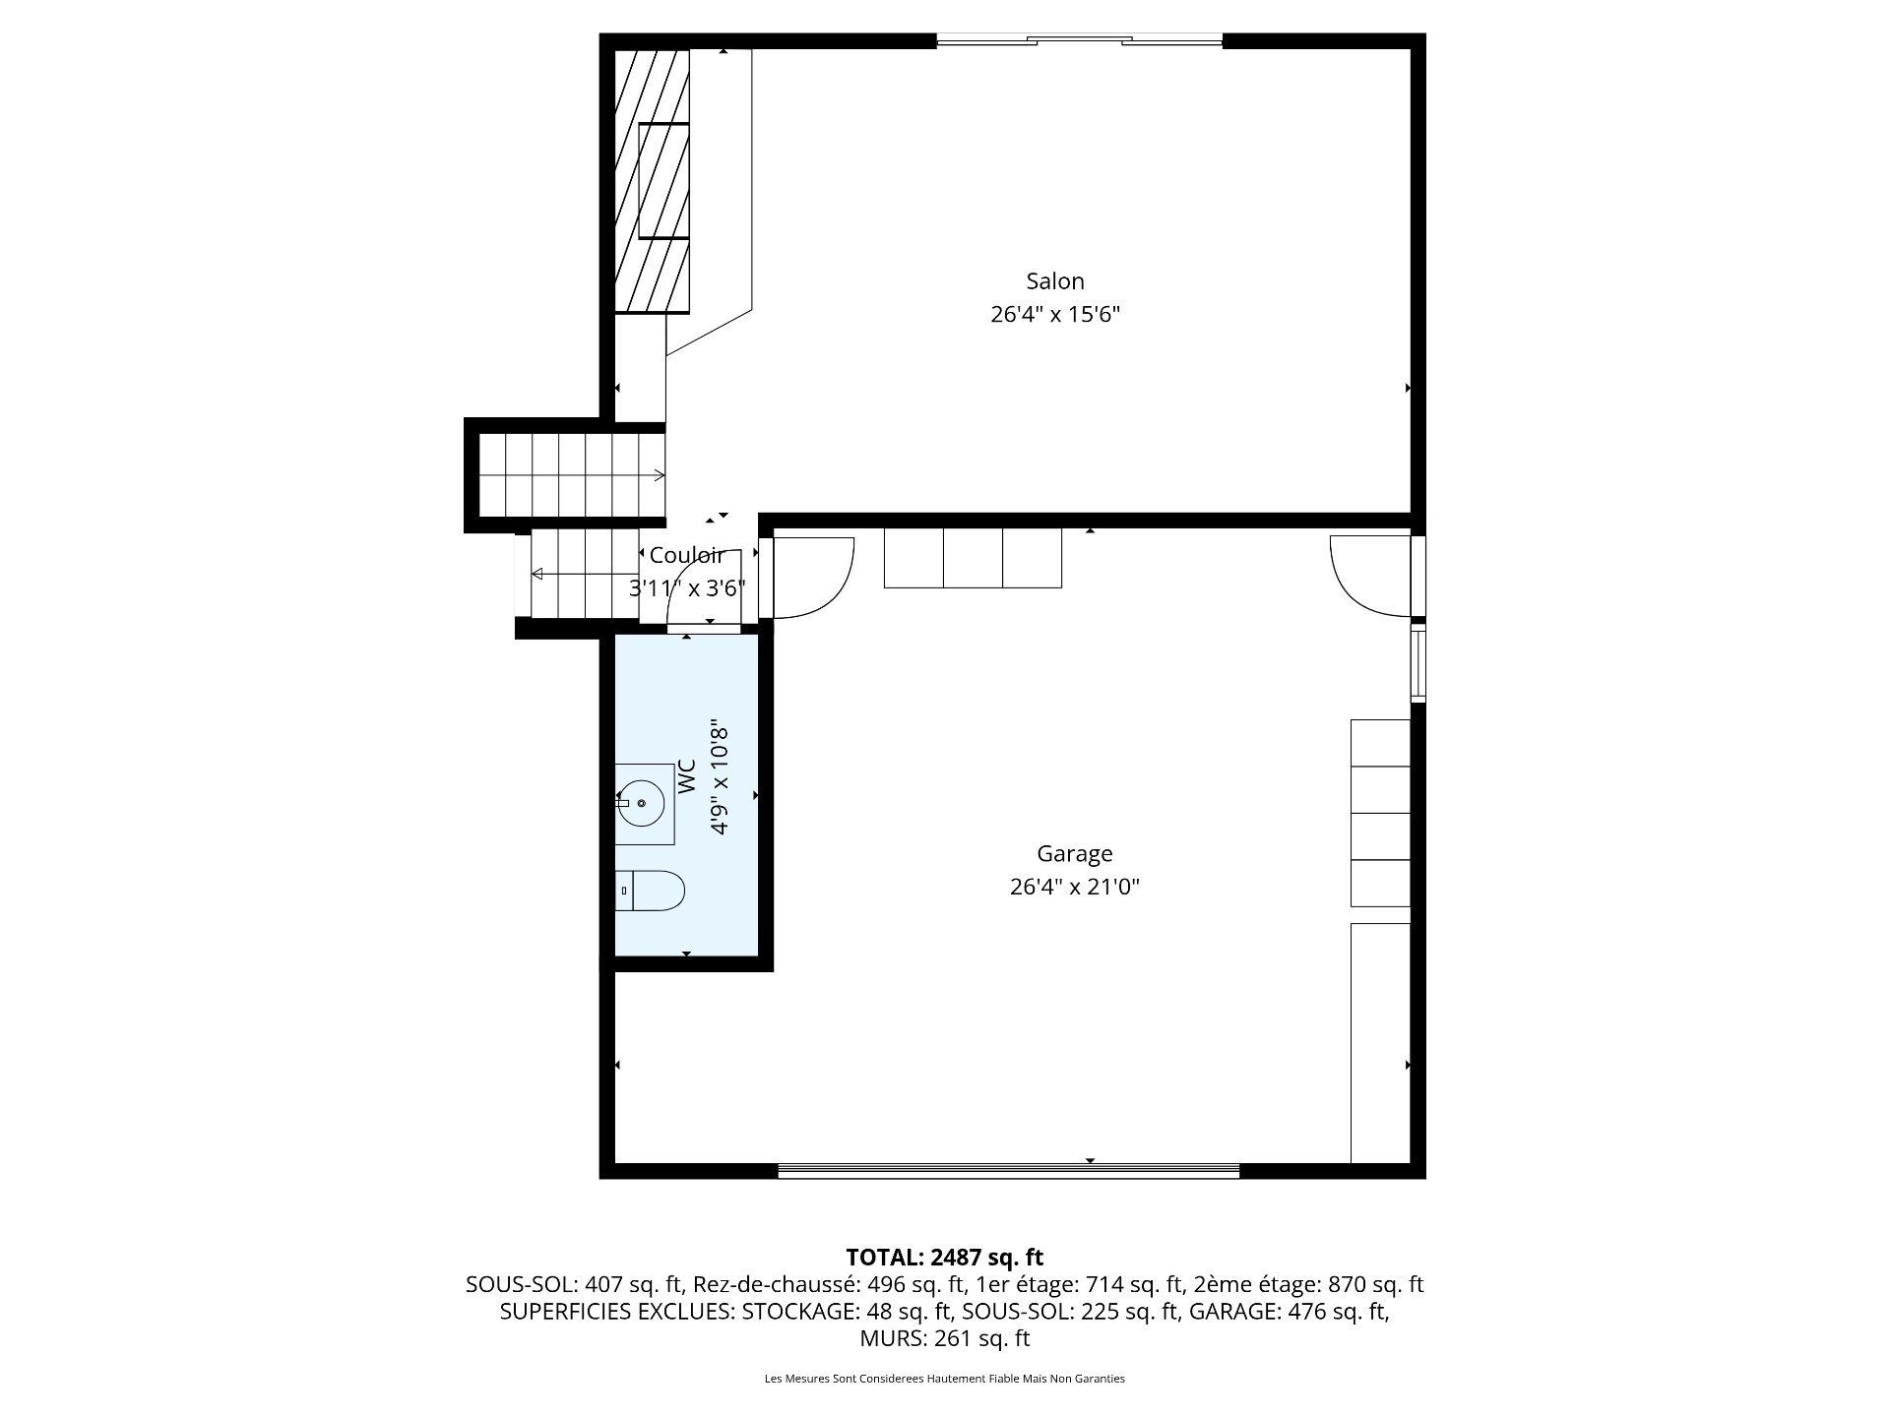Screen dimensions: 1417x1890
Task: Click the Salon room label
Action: pos(1054,281)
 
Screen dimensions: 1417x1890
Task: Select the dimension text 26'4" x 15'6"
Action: pos(1055,315)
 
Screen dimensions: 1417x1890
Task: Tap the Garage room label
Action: pos(1074,853)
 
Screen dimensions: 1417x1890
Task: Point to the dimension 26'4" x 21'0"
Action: pos(1074,887)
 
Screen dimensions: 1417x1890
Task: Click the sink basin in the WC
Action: pos(641,803)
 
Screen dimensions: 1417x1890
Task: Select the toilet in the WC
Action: pos(652,891)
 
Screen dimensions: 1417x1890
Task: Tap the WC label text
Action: pos(686,777)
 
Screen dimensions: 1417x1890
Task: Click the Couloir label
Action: pos(686,556)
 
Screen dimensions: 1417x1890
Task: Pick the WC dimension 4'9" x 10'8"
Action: pos(720,777)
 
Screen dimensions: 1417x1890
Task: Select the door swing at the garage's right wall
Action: pos(1370,576)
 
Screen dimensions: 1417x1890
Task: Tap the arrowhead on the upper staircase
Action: pos(659,476)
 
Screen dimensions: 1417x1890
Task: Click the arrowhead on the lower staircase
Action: pos(537,574)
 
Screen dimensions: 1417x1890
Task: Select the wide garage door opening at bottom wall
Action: pos(1008,1170)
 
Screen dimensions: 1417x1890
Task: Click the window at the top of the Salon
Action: pos(1079,40)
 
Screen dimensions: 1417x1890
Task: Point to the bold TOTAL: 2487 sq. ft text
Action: pos(944,1257)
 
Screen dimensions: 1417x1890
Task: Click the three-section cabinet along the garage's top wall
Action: pos(973,558)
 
